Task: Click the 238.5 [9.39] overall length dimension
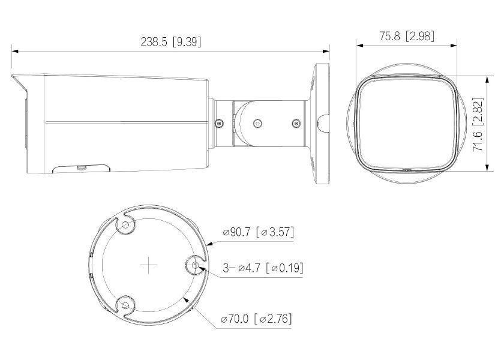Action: pyautogui.click(x=171, y=41)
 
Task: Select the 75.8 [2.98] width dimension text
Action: pyautogui.click(x=406, y=36)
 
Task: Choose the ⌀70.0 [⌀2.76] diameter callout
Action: pyautogui.click(x=256, y=319)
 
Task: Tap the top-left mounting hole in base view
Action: pyautogui.click(x=125, y=225)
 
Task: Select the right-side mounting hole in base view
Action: pyautogui.click(x=196, y=265)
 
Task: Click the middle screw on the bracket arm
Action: pyautogui.click(x=257, y=123)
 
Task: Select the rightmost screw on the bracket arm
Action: pyautogui.click(x=295, y=123)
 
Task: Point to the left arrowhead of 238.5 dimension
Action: pyautogui.click(x=14, y=51)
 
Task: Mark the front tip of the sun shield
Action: pyautogui.click(x=13, y=76)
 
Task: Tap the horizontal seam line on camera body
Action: pyautogui.click(x=120, y=122)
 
